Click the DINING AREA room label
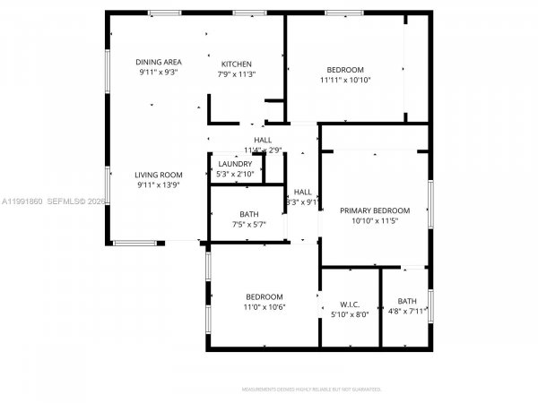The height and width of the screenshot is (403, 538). point(158,62)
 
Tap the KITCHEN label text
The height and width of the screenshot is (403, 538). point(237,64)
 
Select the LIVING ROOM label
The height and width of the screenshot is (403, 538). point(159,175)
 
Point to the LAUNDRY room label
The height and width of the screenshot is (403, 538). point(235,164)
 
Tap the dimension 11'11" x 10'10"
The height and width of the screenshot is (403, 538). point(345,80)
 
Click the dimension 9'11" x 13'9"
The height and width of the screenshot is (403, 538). point(159,184)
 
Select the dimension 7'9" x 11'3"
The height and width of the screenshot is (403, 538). point(237,74)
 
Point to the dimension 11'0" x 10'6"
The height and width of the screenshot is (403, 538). point(265,306)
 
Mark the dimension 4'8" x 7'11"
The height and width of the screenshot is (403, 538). point(407,311)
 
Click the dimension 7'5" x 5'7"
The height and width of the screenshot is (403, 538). point(248,224)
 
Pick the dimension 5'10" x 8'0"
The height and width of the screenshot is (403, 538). point(350,314)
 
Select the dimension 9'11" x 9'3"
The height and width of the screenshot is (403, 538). point(158,72)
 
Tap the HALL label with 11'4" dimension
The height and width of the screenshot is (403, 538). point(263,141)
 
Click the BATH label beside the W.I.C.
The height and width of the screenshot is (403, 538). point(407,301)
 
